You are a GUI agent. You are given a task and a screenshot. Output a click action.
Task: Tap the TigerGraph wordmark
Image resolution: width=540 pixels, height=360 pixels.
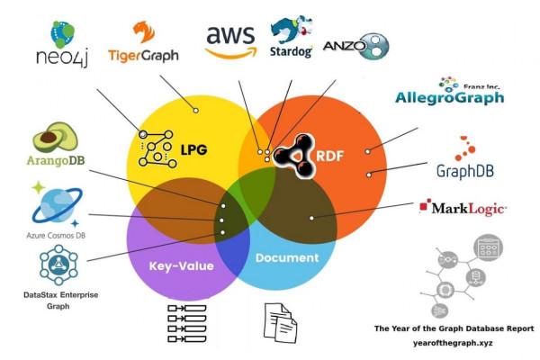click(142, 55)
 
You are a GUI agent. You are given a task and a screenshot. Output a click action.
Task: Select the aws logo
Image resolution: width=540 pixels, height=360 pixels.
click(230, 40)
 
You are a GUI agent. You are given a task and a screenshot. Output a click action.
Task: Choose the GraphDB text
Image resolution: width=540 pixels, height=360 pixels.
click(467, 170)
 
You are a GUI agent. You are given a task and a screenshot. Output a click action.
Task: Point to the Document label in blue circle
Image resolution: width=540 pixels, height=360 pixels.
click(287, 257)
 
